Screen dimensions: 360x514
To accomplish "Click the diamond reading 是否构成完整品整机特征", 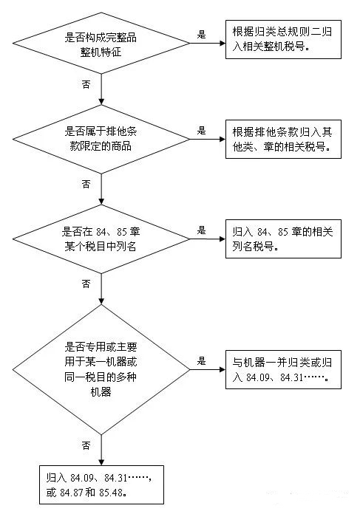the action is [x=101, y=44].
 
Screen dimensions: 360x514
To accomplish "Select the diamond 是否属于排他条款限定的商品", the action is [x=101, y=139].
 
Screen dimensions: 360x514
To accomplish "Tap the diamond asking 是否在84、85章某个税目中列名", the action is [x=101, y=239].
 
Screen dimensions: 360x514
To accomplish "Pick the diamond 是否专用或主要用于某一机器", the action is [x=101, y=370].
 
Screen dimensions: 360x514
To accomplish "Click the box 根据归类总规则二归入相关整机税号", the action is [x=283, y=40].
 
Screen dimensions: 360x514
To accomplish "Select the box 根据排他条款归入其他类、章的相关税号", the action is [x=283, y=140].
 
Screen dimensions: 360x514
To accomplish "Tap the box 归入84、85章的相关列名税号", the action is [x=283, y=239].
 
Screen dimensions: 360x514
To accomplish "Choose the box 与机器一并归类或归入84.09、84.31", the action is [x=283, y=370].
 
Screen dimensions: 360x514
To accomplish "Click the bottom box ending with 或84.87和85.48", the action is [x=101, y=484].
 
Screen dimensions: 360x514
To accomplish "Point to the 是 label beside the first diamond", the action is [x=201, y=34].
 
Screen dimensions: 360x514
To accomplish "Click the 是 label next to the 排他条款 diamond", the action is [x=201, y=131].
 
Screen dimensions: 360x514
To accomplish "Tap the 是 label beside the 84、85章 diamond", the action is [x=201, y=230].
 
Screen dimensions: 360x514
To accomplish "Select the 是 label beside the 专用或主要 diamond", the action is [x=201, y=361].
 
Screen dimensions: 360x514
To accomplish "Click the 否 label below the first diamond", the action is [x=86, y=84].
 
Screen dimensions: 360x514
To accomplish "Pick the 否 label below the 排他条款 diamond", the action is [x=86, y=184].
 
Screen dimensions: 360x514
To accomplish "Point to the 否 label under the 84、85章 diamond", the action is [x=86, y=284].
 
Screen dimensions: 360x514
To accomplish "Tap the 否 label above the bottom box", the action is [x=86, y=445].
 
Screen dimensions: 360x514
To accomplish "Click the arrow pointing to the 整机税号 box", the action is [x=208, y=44].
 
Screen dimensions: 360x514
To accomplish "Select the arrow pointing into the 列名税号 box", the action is [x=208, y=239].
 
